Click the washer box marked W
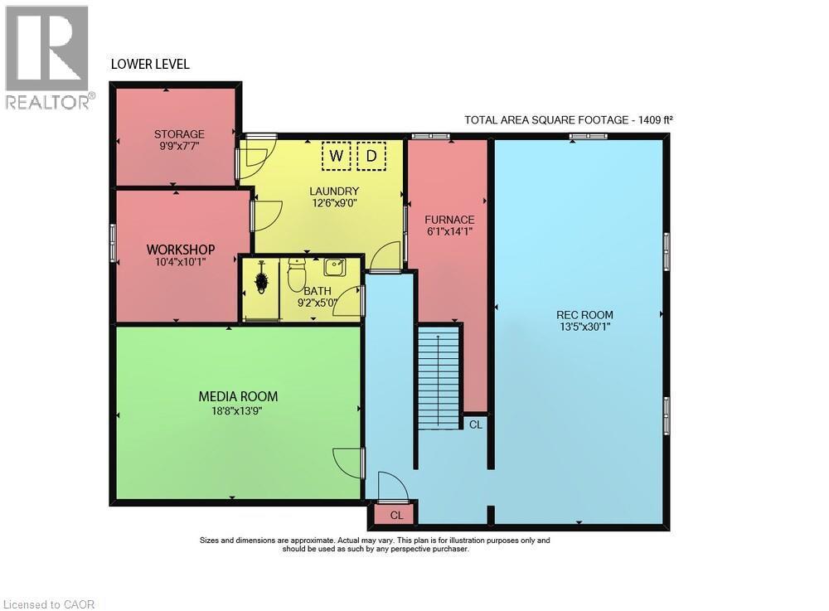click(x=337, y=156)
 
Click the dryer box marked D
click(x=372, y=156)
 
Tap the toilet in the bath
click(x=296, y=275)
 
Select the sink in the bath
click(x=335, y=267)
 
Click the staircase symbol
click(x=439, y=377)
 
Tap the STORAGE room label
click(x=179, y=134)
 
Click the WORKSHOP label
click(x=181, y=249)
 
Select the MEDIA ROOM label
click(x=238, y=396)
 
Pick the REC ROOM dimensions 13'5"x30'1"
click(x=584, y=327)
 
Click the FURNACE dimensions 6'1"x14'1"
click(x=449, y=231)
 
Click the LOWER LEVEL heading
click(x=150, y=64)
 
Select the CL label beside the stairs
click(x=475, y=424)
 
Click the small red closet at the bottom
click(x=396, y=515)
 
